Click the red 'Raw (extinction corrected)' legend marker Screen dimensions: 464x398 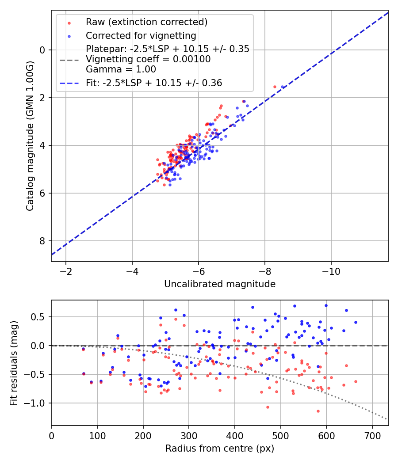click(69, 22)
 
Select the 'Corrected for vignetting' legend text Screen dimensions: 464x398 click(141, 35)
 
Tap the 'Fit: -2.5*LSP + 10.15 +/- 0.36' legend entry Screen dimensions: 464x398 click(154, 83)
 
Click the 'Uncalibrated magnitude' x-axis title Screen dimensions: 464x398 click(220, 284)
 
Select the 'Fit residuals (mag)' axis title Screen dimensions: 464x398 click(14, 362)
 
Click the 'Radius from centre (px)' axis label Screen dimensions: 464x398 click(220, 449)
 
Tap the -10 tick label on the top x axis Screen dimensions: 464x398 click(331, 272)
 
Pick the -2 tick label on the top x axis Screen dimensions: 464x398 click(66, 272)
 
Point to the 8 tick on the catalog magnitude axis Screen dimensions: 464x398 click(43, 241)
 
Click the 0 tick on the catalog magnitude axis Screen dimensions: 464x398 click(43, 50)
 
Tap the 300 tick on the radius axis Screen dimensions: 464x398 click(189, 436)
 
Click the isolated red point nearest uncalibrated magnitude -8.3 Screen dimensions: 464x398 click(275, 87)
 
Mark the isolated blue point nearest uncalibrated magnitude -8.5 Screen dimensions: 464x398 click(282, 87)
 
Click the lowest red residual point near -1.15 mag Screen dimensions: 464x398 click(318, 411)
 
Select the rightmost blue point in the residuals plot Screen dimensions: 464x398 click(356, 322)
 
